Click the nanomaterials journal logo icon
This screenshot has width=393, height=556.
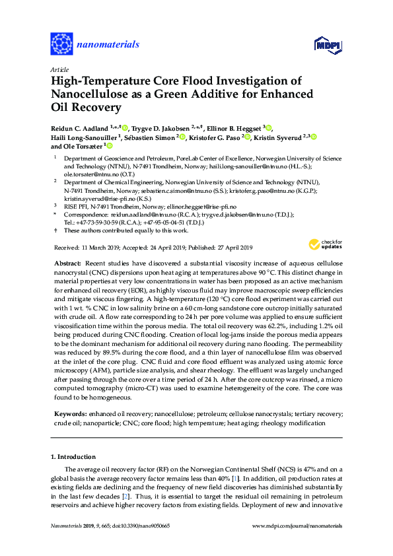[x=61, y=44]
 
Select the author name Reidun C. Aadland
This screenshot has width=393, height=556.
[x=80, y=127]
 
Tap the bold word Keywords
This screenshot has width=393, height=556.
[x=69, y=413]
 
